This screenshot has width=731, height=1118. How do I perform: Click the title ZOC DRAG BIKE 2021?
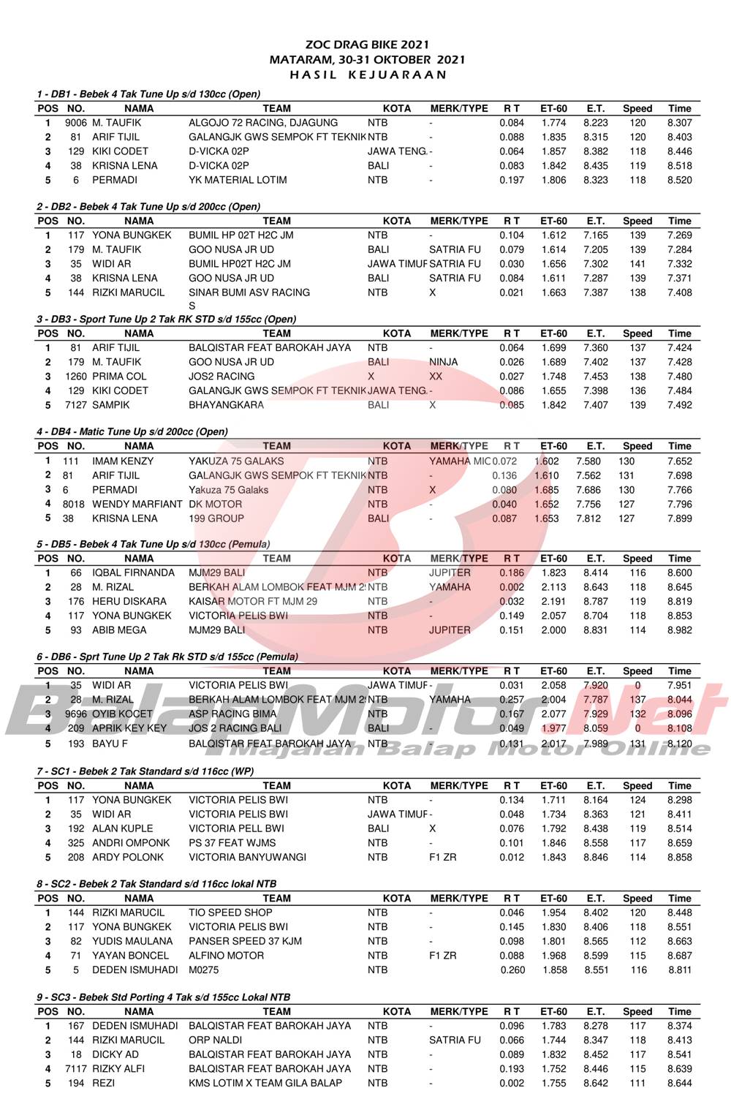[x=367, y=45]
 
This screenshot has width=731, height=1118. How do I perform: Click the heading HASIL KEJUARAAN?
[x=367, y=74]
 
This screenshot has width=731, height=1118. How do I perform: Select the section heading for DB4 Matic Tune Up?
[x=132, y=431]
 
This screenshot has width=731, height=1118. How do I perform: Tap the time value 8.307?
[x=679, y=123]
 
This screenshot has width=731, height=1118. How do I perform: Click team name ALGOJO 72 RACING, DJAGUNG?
[x=263, y=123]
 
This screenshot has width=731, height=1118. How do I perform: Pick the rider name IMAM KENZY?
[x=123, y=461]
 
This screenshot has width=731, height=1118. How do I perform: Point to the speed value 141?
[x=637, y=264]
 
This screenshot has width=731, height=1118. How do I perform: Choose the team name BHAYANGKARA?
[x=225, y=405]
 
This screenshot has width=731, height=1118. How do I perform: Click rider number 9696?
[x=75, y=714]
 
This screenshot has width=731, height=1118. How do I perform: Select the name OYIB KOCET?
[x=122, y=714]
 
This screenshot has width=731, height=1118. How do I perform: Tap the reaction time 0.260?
[x=512, y=970]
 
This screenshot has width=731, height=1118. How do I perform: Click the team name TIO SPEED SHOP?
[x=230, y=913]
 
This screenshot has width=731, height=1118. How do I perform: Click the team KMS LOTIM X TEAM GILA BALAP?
[x=265, y=1083]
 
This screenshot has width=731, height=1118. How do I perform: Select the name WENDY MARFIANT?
[x=137, y=504]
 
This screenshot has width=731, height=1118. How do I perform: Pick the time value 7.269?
[x=679, y=235]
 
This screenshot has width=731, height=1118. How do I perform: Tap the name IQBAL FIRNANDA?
[x=133, y=573]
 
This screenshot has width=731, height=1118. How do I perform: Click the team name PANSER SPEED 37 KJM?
[x=245, y=941]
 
